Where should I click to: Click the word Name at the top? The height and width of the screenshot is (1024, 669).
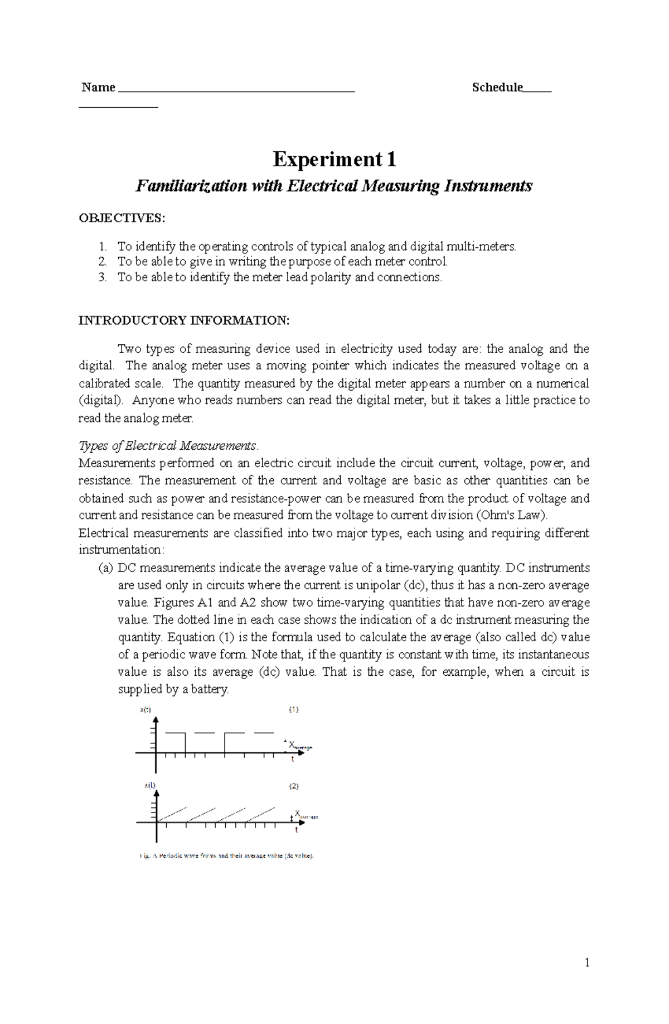coord(98,87)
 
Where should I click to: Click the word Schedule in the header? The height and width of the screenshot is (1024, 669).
coord(497,87)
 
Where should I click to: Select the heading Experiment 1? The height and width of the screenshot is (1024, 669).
coord(334,160)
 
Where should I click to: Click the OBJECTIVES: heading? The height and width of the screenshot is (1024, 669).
coord(122,218)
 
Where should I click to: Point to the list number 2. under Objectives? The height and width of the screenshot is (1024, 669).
coord(102,261)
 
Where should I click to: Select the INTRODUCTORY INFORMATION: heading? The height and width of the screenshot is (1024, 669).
coord(184,320)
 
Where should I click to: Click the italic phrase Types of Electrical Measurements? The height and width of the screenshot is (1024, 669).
coord(168,445)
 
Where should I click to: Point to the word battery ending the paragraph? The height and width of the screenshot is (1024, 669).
coord(209,689)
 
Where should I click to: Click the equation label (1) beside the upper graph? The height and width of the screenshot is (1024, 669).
coord(293,710)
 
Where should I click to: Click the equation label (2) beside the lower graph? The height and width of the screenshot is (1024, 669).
coord(293,786)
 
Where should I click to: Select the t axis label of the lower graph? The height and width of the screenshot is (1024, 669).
coord(296,830)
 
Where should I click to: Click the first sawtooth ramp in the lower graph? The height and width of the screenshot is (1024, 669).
coord(173,814)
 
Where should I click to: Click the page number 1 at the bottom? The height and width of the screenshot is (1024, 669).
coord(586,962)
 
